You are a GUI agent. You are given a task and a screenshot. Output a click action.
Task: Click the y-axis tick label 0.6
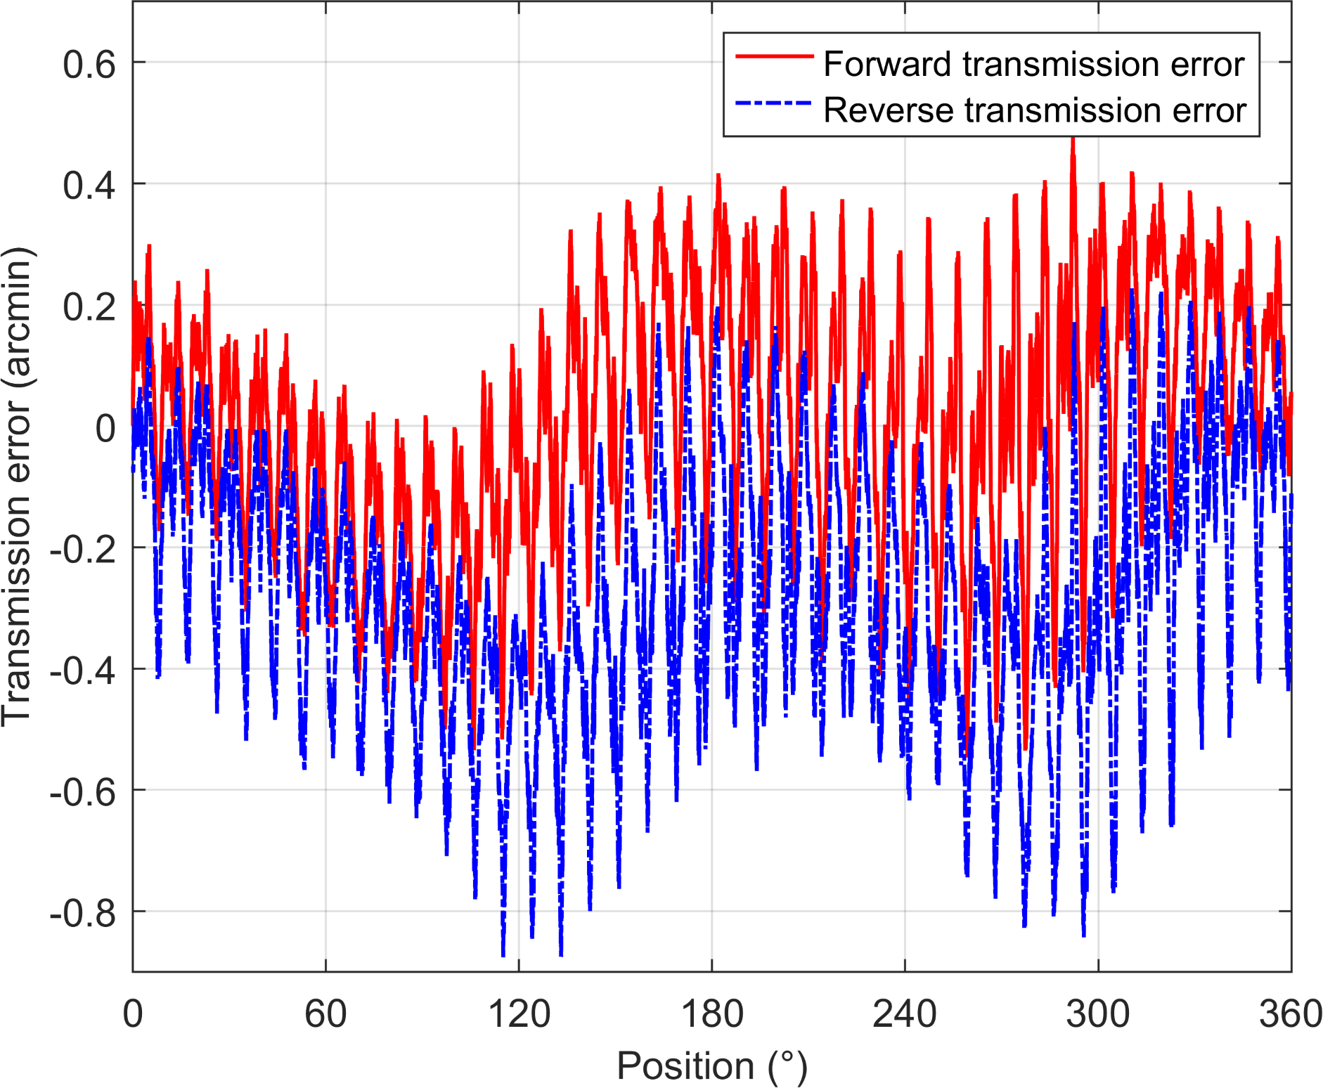point(89,65)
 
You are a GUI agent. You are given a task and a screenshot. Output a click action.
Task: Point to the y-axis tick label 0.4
point(89,186)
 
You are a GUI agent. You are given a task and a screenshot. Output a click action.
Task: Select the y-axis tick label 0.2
point(89,307)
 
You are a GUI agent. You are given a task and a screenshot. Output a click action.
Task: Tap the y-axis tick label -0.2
point(83,550)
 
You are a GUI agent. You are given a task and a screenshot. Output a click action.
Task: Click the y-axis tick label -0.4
point(83,671)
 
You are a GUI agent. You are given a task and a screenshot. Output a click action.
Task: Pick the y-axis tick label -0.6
point(83,793)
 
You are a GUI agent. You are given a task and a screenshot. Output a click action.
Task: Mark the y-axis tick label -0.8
point(83,914)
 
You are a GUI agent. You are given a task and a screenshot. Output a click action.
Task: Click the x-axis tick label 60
point(325,1014)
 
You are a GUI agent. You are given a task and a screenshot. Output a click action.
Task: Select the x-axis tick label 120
point(519,1014)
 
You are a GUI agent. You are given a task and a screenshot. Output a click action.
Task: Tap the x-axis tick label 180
point(712,1014)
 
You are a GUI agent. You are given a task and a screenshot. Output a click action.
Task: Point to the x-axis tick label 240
point(905,1014)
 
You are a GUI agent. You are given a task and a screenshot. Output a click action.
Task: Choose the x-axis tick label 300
point(1098,1014)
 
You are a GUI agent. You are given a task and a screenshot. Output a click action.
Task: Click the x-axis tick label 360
point(1291,1014)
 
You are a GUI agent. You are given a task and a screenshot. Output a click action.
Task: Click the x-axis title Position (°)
point(712,1066)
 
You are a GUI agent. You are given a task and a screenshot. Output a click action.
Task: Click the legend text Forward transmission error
point(1033,64)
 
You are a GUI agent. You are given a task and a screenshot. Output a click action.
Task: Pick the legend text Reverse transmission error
point(1034,110)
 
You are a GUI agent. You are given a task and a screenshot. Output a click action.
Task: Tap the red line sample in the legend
point(774,56)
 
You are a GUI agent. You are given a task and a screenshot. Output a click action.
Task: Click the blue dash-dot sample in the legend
point(774,103)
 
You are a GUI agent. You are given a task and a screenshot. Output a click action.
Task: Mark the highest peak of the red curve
point(1073,139)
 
